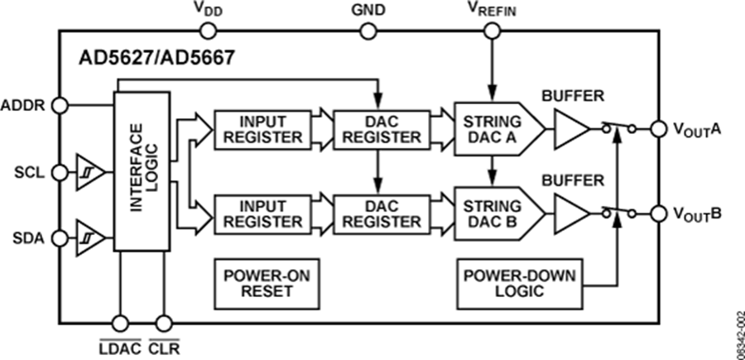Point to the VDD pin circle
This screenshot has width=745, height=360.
(208, 31)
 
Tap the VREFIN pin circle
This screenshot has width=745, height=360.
(492, 31)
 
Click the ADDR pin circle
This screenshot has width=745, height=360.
(60, 105)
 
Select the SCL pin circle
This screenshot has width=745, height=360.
(60, 172)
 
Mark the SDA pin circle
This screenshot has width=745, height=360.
(60, 238)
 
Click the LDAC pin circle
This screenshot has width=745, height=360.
(121, 323)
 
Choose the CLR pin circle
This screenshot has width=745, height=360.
(163, 323)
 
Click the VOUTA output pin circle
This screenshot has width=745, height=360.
(659, 128)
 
